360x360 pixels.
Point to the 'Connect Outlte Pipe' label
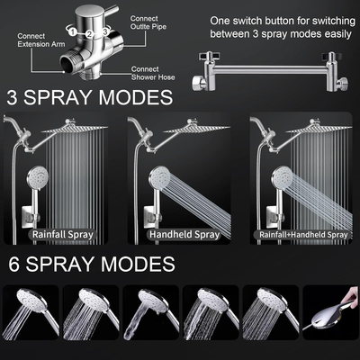(x=152, y=23)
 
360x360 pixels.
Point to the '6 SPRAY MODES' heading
(x=91, y=264)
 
